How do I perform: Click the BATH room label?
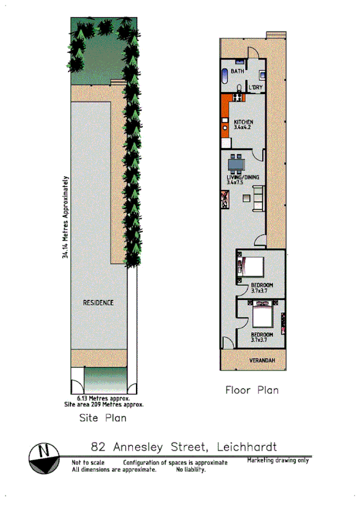click(x=238, y=72)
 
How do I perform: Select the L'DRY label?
click(x=256, y=88)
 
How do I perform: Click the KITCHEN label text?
click(x=243, y=122)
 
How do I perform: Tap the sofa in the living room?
click(x=258, y=198)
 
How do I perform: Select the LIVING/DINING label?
click(x=242, y=177)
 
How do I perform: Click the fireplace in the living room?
click(x=223, y=199)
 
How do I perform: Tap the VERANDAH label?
click(x=262, y=360)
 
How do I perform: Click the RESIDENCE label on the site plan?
click(x=98, y=302)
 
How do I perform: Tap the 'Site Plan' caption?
click(x=103, y=418)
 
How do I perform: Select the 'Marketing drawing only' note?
click(x=278, y=460)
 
